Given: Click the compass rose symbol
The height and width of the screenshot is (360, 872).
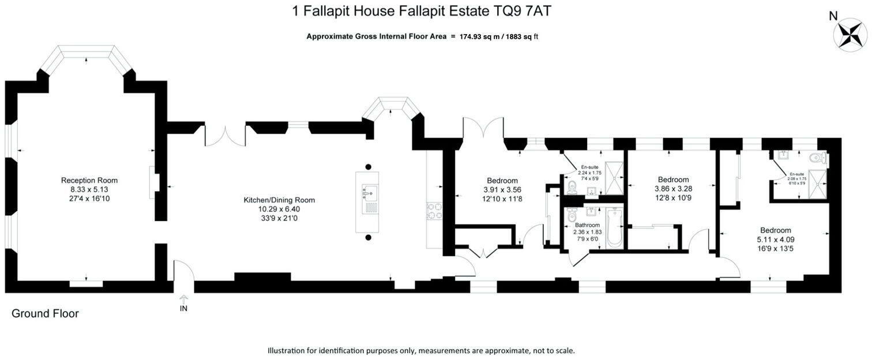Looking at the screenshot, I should click(850, 34).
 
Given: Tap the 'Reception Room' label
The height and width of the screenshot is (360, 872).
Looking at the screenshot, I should click(89, 180).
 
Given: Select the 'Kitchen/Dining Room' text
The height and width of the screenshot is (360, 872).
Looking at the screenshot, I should click(279, 200).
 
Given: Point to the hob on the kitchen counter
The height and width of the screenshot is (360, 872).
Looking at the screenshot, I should click(434, 211).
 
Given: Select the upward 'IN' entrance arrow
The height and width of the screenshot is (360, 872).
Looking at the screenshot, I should click(183, 298).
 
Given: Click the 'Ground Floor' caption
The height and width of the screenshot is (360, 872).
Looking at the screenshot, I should click(45, 314).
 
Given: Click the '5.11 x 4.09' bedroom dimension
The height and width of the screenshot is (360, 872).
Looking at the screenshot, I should click(776, 239).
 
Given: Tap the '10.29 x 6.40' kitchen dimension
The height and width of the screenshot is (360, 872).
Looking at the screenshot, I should click(279, 209).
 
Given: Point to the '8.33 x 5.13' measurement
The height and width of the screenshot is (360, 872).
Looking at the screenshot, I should click(89, 189).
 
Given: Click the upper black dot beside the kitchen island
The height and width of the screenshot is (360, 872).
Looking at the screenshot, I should click(367, 167).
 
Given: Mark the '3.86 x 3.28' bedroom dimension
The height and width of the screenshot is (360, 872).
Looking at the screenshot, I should click(673, 189).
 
